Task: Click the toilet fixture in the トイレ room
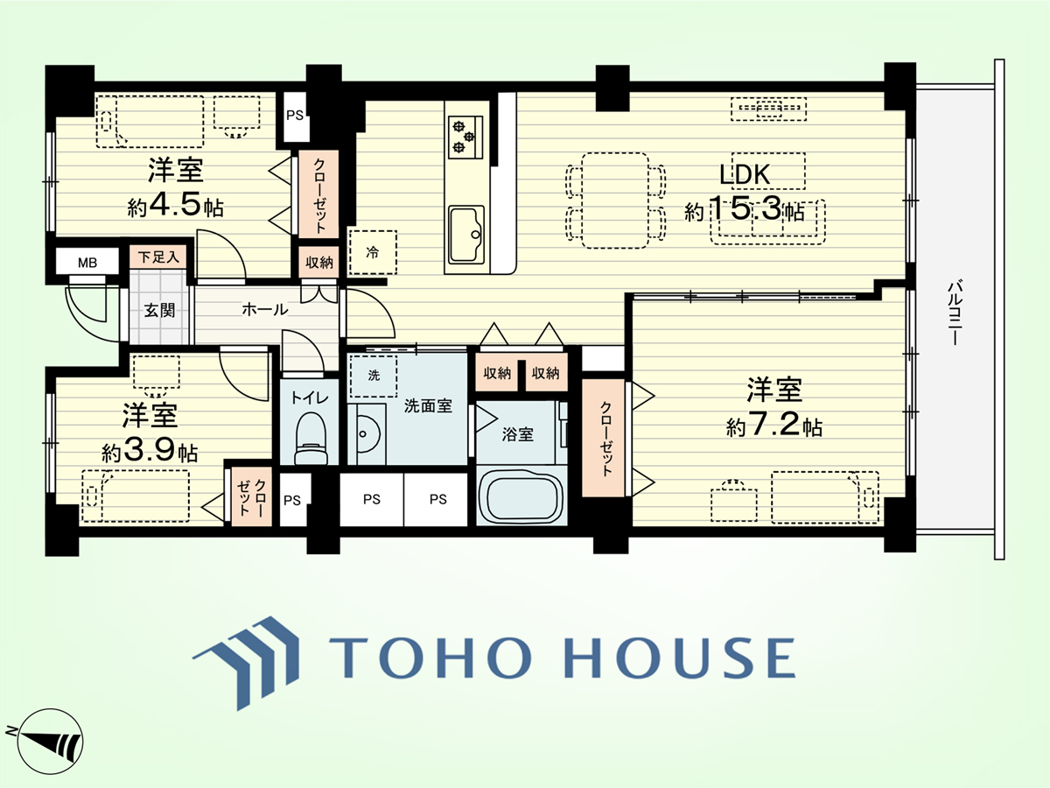[x=311, y=439]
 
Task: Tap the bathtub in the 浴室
[x=522, y=496]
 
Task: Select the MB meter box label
[x=87, y=263]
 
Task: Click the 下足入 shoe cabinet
[x=157, y=257]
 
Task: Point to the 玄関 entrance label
[x=160, y=311]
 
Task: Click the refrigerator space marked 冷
[x=373, y=253]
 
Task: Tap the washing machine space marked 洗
[x=374, y=376]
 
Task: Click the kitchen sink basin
[x=465, y=235]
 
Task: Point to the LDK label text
[x=745, y=174]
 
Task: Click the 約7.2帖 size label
[x=774, y=426]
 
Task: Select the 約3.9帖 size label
[x=150, y=451]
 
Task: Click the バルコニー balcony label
[x=955, y=312]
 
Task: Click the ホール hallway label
[x=264, y=310]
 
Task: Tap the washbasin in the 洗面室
[x=366, y=434]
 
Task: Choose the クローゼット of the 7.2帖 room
[x=604, y=438]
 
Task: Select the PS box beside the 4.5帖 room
[x=295, y=116]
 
